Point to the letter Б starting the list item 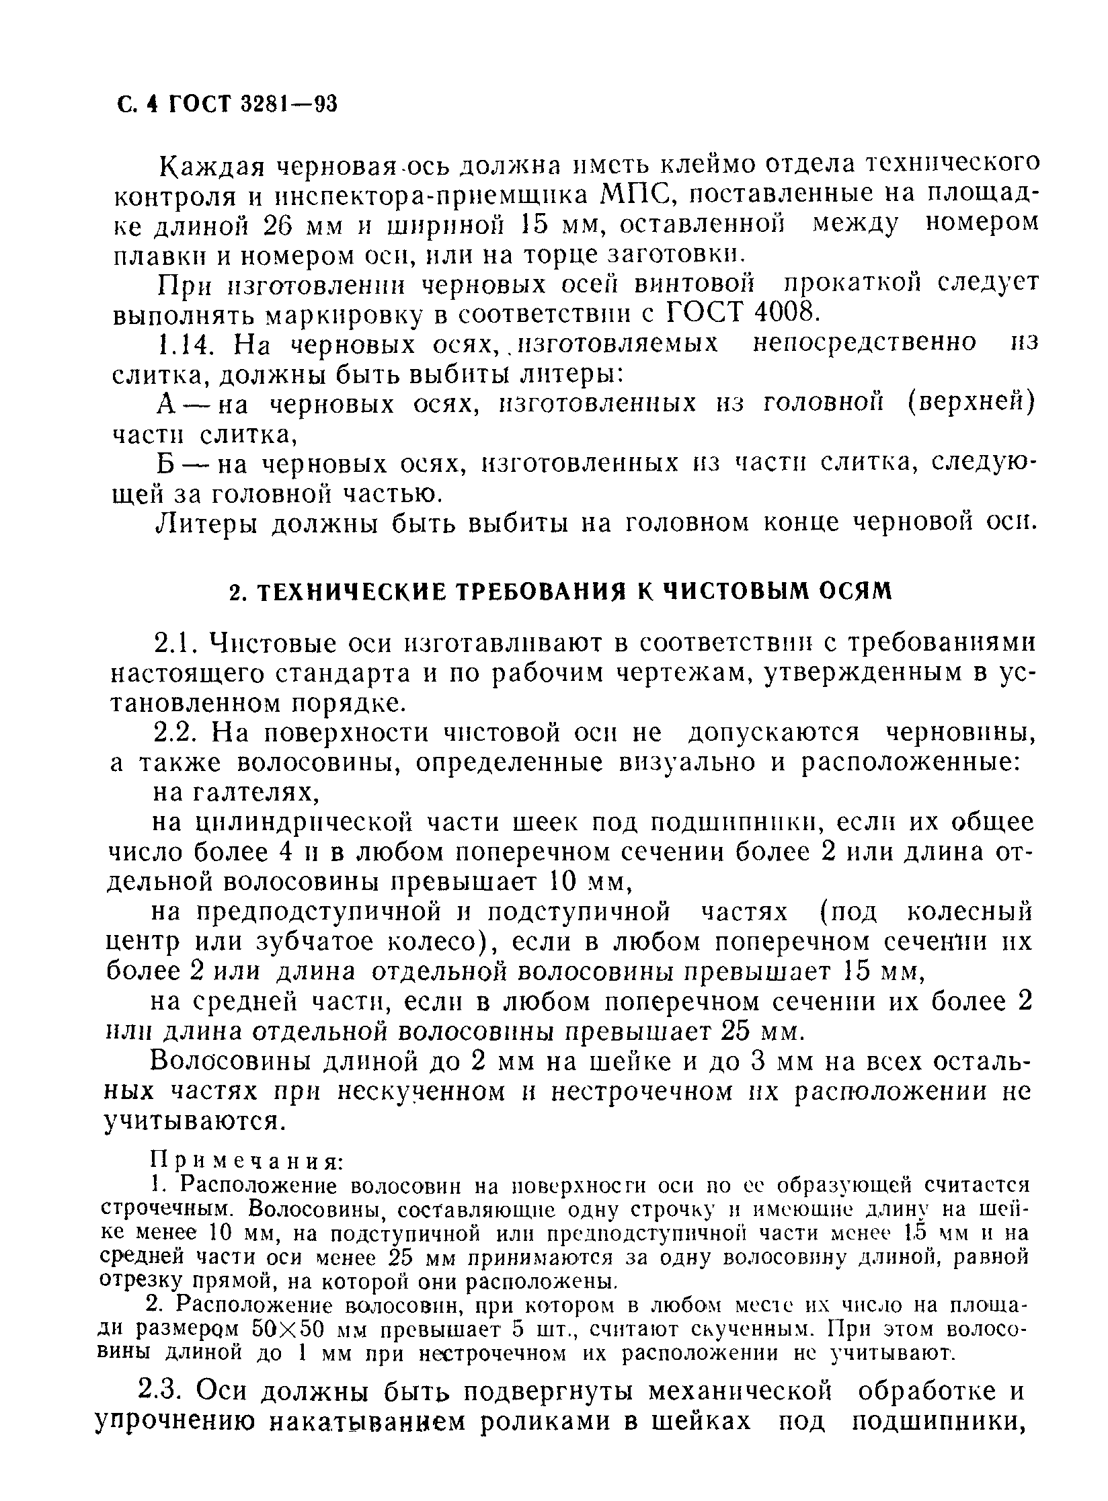(x=166, y=464)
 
